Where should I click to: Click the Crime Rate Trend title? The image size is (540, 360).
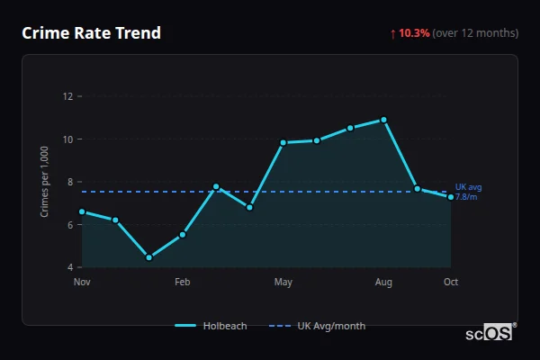click(91, 33)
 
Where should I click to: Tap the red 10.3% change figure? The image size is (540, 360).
click(414, 33)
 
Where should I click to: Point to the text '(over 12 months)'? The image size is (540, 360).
click(475, 33)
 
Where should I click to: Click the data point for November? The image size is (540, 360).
click(82, 211)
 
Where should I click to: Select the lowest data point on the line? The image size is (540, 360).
click(148, 257)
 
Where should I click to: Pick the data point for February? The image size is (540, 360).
click(183, 234)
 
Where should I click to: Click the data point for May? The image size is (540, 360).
click(283, 142)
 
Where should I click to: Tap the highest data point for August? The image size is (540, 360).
click(384, 120)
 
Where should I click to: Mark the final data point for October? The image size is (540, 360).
click(451, 197)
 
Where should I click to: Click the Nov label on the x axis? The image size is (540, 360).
click(82, 282)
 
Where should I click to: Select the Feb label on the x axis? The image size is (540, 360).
click(183, 282)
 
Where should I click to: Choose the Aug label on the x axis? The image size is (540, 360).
click(384, 282)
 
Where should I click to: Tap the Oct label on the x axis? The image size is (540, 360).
click(451, 282)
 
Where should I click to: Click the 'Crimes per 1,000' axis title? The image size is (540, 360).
click(45, 181)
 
